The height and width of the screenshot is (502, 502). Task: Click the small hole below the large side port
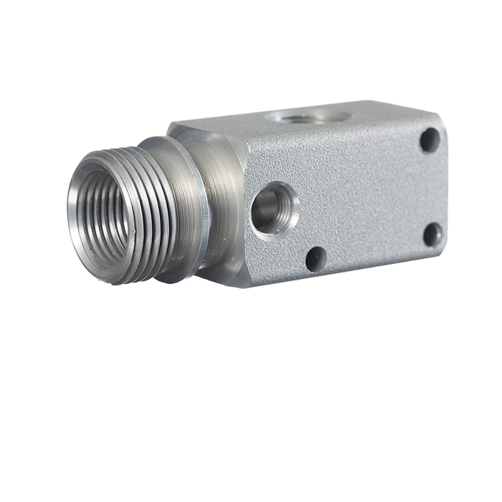pos(316,258)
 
